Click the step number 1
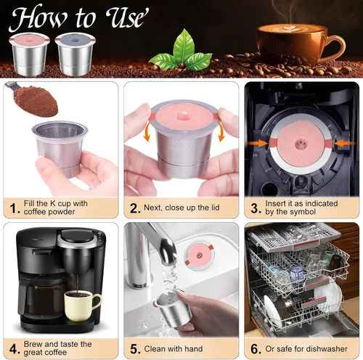(x=13, y=208)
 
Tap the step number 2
(x=134, y=208)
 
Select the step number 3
(x=255, y=208)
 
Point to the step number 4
(x=13, y=348)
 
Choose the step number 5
(x=134, y=348)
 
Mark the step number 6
(x=255, y=348)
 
